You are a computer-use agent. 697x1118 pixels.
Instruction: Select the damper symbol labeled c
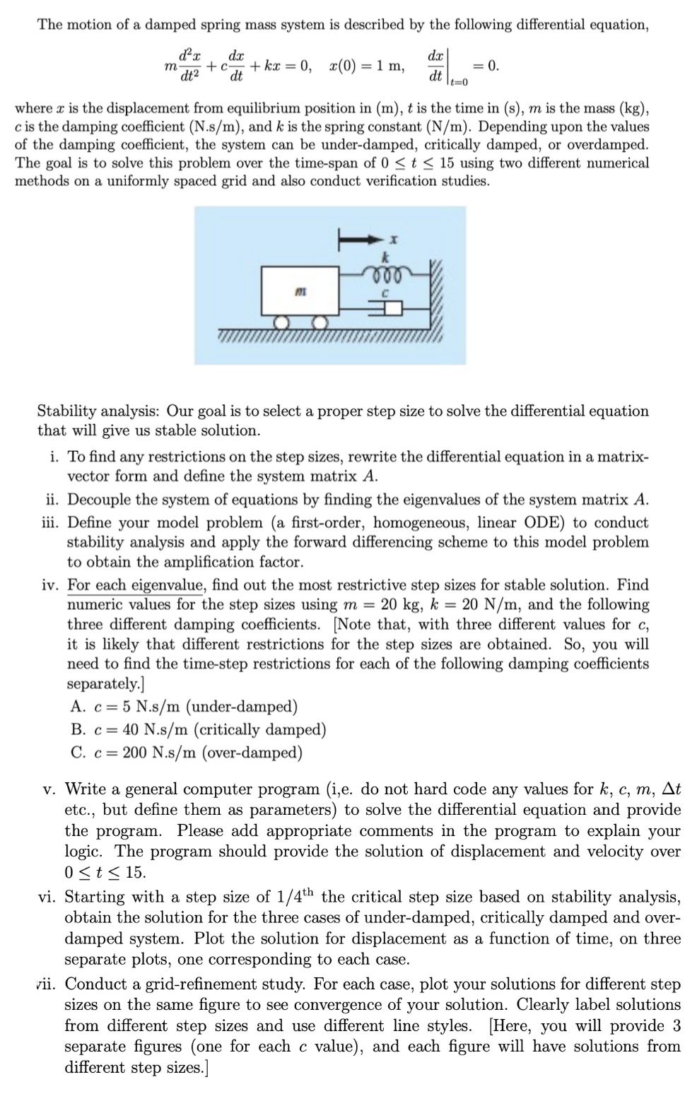point(387,307)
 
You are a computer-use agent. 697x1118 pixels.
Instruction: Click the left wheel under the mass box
point(283,322)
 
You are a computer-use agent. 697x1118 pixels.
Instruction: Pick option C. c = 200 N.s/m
point(187,753)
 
